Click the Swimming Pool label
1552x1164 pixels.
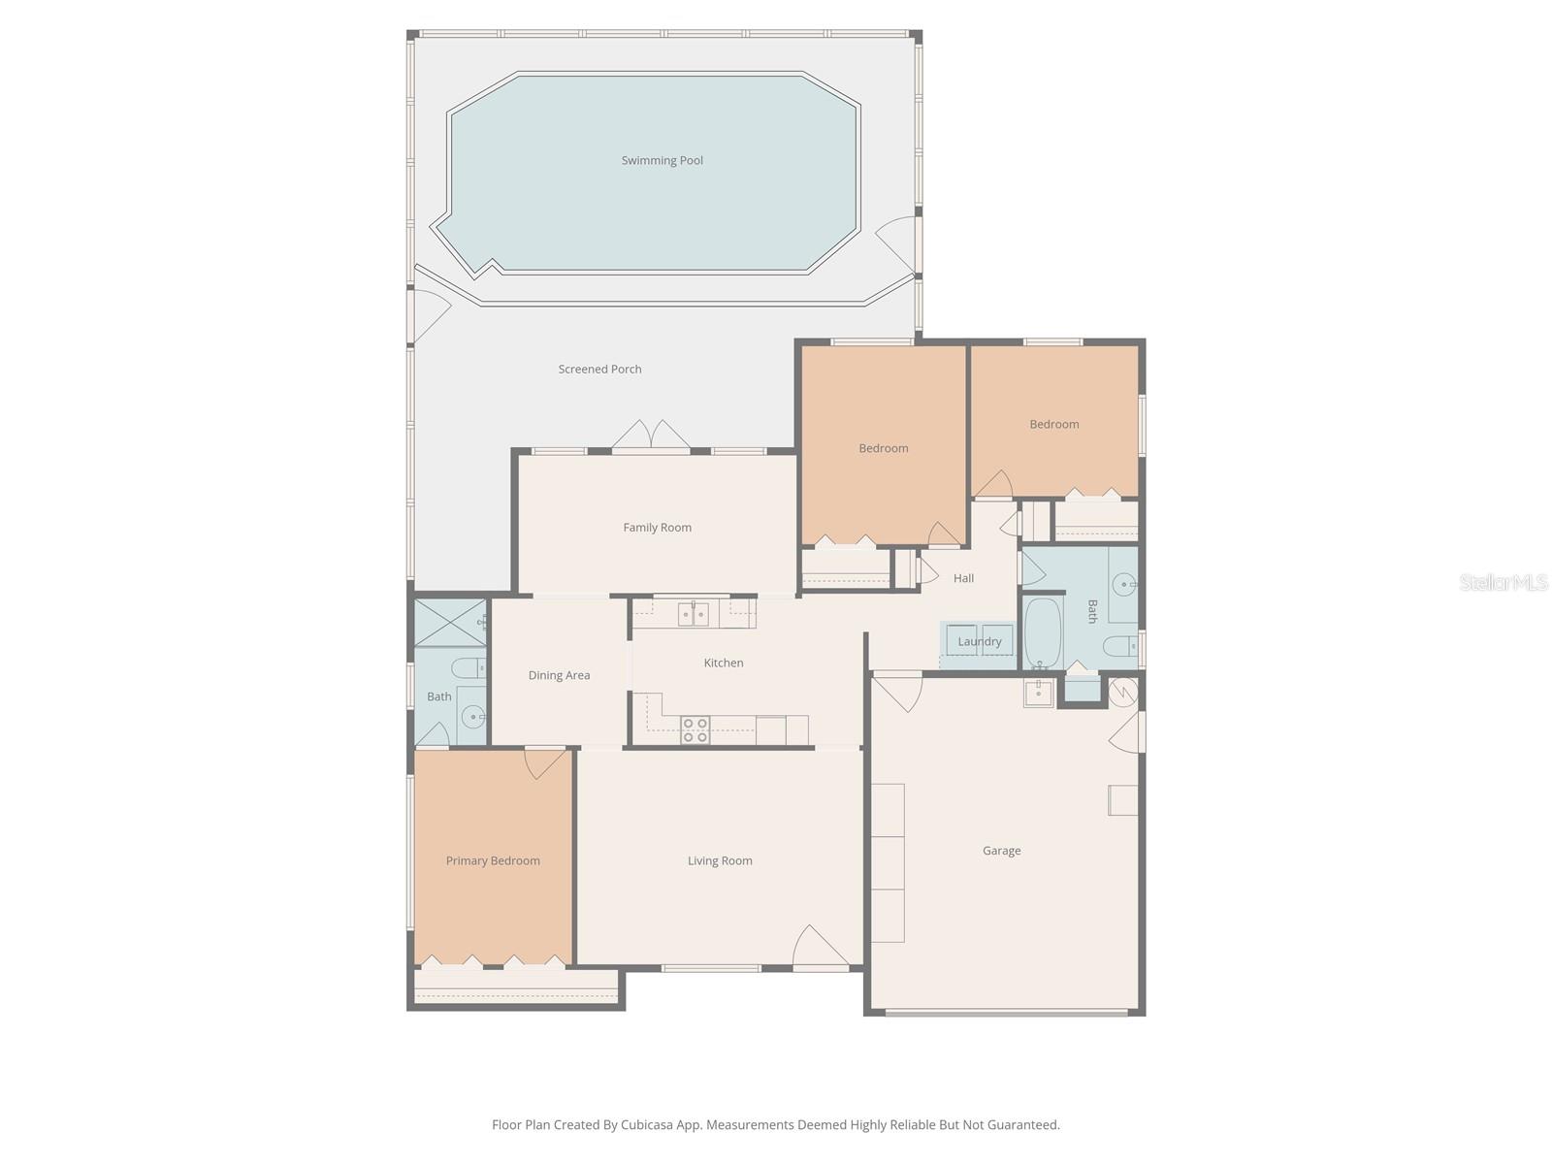[662, 161]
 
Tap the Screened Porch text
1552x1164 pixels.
[599, 370]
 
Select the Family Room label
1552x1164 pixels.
[657, 528]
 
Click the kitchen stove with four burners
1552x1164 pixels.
[695, 730]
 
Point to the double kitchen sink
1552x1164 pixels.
[693, 614]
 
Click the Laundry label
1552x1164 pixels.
[979, 641]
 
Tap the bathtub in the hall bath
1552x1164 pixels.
[1043, 632]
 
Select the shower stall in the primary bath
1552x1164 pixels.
[449, 623]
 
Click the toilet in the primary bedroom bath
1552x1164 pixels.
[469, 668]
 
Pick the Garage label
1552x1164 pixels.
[1001, 851]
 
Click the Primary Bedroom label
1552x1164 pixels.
[493, 860]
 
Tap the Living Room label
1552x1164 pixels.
[720, 860]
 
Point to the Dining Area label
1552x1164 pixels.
[559, 675]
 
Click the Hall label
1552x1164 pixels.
[963, 578]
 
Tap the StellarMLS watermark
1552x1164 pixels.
[1503, 582]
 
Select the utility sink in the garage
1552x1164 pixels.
[1038, 693]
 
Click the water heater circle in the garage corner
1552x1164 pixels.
[1122, 692]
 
